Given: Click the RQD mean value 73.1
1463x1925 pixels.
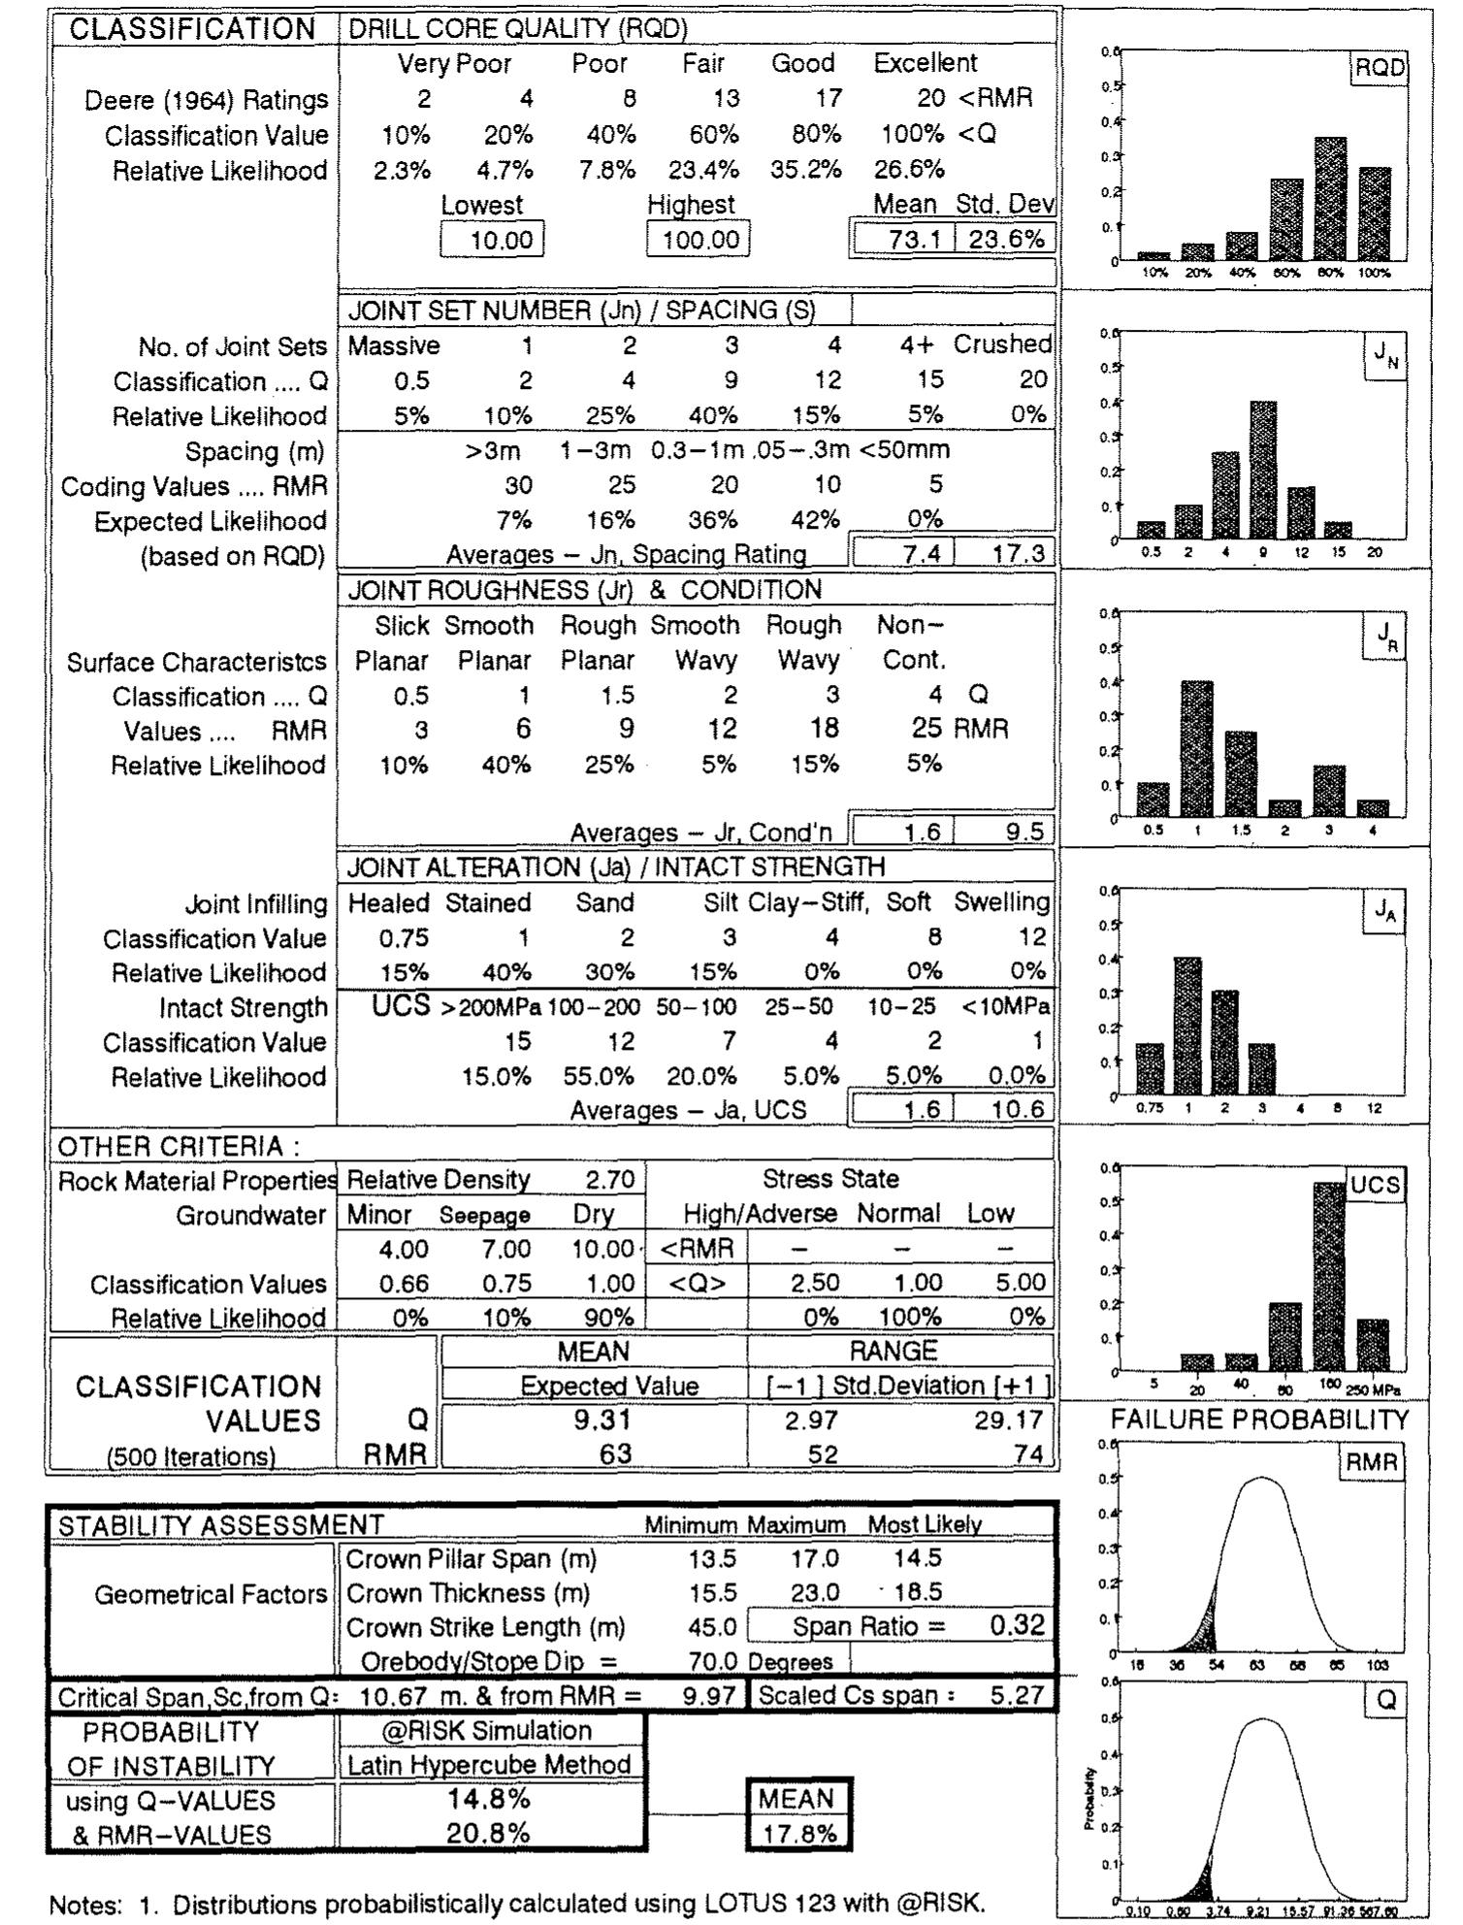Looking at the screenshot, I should click(x=907, y=239).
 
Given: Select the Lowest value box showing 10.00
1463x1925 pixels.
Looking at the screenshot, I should click(x=493, y=240).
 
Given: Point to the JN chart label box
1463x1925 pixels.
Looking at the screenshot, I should click(x=1384, y=356).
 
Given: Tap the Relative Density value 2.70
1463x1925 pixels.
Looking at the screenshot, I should click(x=609, y=1180).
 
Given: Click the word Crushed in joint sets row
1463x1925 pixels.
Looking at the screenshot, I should click(x=1002, y=344).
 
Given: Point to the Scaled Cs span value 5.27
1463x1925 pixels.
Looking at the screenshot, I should click(x=1017, y=1696).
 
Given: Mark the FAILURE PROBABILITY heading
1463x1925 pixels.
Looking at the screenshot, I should click(x=1258, y=1420).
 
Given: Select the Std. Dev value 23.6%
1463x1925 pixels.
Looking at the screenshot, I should click(x=1006, y=239).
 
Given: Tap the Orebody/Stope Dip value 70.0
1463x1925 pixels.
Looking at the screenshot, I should click(x=713, y=1662).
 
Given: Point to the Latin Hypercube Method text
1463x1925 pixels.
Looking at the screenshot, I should click(x=489, y=1765).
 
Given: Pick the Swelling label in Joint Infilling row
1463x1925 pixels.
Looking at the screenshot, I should click(x=1002, y=902).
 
